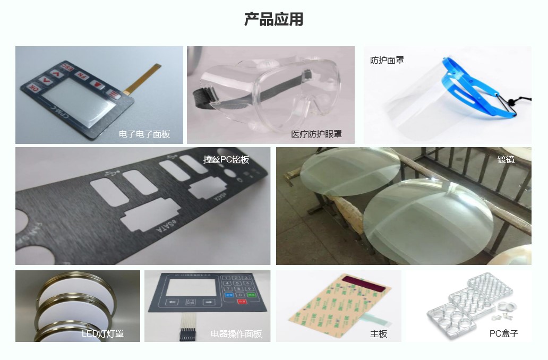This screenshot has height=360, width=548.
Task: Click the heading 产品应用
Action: pos(273,19)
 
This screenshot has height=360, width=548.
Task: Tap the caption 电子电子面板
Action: pos(144,134)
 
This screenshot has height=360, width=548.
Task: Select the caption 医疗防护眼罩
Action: pos(316,134)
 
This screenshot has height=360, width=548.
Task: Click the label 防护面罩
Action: pos(387,61)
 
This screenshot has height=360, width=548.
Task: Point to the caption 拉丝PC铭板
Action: pos(226,160)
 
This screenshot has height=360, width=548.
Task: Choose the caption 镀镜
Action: pos(506,159)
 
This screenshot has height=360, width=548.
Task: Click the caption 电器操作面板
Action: pos(236,334)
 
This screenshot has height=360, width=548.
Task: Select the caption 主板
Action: pos(379,334)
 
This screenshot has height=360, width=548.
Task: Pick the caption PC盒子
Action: pos(503,334)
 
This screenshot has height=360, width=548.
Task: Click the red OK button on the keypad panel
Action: pos(33,88)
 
